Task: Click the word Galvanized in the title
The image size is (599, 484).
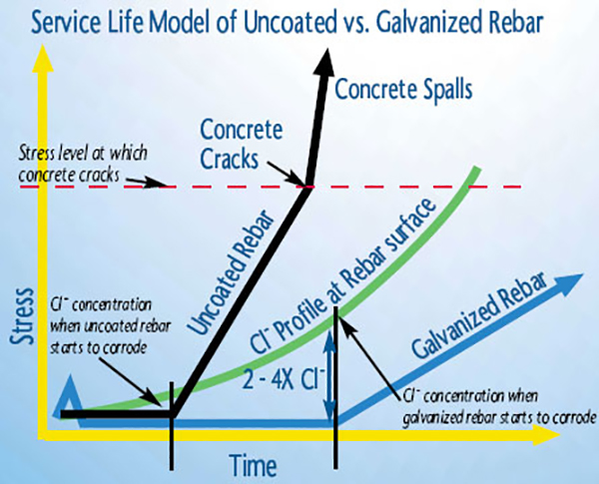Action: [x=429, y=22]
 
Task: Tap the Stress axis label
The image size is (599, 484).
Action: [x=22, y=316]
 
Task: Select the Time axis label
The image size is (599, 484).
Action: [x=254, y=465]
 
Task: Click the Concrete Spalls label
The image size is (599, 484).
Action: [x=403, y=90]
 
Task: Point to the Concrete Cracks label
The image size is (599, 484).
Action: [x=242, y=144]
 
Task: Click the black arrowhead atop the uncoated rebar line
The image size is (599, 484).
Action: [x=324, y=62]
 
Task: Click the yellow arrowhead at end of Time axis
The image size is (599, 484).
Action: [x=546, y=435]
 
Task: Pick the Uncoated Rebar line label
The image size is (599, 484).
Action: [x=232, y=272]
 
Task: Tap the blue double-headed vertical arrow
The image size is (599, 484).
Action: [x=329, y=376]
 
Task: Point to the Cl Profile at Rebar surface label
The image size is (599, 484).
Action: [x=342, y=274]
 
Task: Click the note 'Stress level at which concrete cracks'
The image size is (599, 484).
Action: [x=83, y=164]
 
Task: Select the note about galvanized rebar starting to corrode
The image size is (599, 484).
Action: [x=498, y=407]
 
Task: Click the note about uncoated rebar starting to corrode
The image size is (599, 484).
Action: [x=111, y=326]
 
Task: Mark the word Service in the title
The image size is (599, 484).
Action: [x=66, y=23]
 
